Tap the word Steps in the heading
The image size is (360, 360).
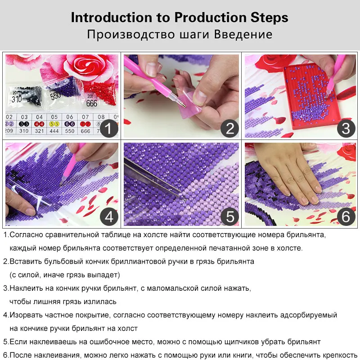point(269,18)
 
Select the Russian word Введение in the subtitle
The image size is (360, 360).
point(243,35)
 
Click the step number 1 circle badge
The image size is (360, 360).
point(109,129)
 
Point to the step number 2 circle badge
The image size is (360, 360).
point(229,129)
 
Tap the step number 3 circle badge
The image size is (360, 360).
point(346,129)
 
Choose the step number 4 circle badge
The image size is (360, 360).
point(109,217)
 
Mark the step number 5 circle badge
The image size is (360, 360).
point(229,217)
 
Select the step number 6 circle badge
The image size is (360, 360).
point(346,217)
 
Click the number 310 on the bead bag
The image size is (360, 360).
point(17,99)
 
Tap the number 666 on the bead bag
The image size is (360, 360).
point(92,103)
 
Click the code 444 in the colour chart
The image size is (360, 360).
point(54,131)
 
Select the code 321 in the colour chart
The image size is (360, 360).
point(39,131)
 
